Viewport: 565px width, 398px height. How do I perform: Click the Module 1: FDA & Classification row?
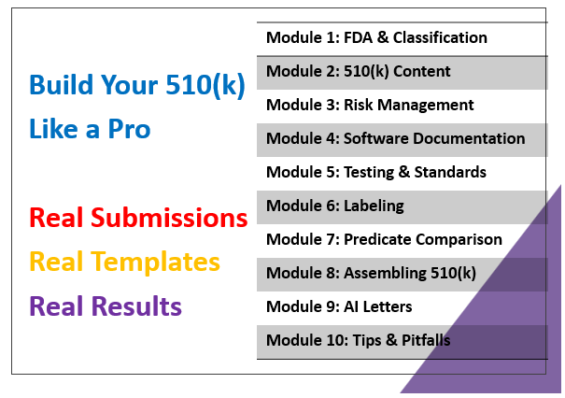coord(403,39)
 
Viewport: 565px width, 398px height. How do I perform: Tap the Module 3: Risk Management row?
coord(403,106)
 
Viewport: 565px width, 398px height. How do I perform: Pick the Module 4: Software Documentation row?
coord(403,139)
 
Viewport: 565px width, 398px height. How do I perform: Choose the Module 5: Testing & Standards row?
coord(403,173)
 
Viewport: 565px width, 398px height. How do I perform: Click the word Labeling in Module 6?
coord(374,206)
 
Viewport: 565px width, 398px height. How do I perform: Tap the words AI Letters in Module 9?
coord(378,306)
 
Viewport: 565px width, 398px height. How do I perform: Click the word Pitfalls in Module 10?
coord(426,340)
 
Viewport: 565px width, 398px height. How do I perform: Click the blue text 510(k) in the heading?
coord(205,86)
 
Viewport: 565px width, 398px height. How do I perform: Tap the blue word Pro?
coord(129,130)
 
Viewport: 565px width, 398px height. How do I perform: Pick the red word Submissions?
coord(169,218)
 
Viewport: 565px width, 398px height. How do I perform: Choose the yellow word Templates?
coord(155,263)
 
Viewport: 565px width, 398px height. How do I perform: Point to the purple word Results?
coord(136,306)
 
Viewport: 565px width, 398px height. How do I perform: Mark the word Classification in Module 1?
coord(440,37)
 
